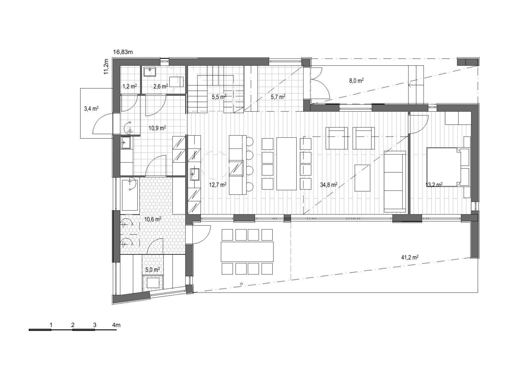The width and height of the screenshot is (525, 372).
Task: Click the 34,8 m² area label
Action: (x=328, y=185)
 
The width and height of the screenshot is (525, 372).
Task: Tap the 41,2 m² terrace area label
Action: (x=410, y=257)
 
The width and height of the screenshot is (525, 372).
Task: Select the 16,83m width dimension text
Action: (x=123, y=52)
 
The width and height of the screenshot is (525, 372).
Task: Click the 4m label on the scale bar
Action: (x=116, y=325)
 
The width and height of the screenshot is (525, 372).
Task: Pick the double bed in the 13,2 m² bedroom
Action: (x=444, y=167)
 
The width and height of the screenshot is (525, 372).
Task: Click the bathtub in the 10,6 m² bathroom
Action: (x=130, y=194)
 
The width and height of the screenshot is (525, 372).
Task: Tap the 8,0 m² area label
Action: (x=356, y=81)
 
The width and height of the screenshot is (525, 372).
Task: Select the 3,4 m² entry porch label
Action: (x=91, y=109)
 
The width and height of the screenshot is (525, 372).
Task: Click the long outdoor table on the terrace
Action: (x=247, y=252)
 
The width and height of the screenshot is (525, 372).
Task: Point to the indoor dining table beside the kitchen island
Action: (x=286, y=164)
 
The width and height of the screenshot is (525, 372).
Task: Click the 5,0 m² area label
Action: (x=152, y=270)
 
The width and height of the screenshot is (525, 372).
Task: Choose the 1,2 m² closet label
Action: (x=130, y=86)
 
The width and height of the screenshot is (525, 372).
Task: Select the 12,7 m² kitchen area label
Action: (x=217, y=185)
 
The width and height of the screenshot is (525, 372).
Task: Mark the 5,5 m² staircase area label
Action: (x=219, y=97)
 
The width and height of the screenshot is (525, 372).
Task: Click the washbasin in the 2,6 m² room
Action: (x=150, y=72)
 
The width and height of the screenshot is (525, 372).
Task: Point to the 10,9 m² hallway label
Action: (x=157, y=128)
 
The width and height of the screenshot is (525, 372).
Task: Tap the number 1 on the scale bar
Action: (x=51, y=325)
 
